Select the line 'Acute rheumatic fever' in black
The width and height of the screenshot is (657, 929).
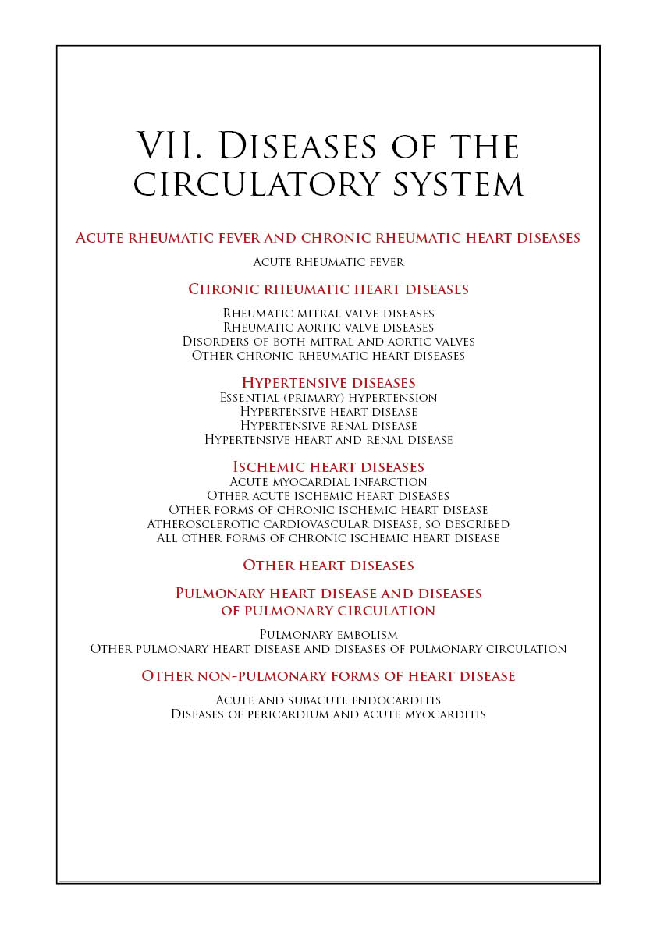[328, 262]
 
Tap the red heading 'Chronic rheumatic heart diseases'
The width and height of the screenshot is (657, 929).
[328, 289]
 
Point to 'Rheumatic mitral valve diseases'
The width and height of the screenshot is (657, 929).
[328, 314]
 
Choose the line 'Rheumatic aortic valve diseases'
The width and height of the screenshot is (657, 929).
[328, 328]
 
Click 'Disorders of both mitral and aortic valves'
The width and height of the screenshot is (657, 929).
[328, 342]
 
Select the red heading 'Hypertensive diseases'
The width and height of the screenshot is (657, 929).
[328, 383]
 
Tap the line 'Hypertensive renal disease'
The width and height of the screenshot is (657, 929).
[328, 426]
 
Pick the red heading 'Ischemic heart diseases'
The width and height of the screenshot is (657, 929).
[328, 467]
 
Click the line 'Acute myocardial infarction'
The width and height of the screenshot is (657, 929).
[328, 482]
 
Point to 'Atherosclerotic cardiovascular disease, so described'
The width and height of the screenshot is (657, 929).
[328, 524]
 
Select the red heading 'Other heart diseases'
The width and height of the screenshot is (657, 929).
[328, 566]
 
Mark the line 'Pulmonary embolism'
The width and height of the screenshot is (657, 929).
[328, 635]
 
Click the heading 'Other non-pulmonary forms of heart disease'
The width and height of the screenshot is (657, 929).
[328, 676]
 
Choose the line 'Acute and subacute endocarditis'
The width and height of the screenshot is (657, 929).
[328, 700]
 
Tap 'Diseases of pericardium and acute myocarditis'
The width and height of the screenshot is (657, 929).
[328, 714]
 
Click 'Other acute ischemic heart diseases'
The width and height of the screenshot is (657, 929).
[328, 496]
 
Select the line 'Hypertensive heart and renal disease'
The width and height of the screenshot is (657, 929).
[328, 440]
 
